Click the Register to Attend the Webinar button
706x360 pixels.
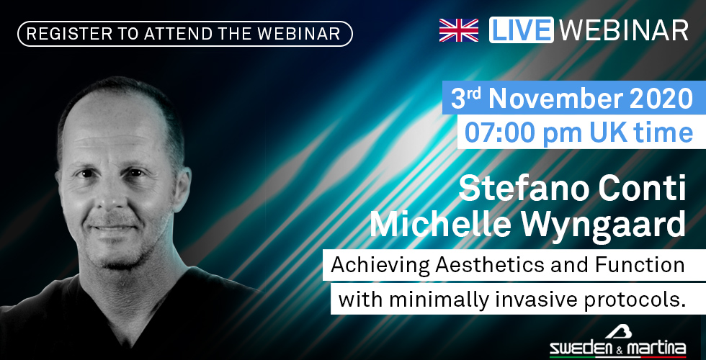(185, 34)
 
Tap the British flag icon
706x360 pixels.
(459, 30)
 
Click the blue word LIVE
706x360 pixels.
(522, 30)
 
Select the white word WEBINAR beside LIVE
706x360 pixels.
(624, 30)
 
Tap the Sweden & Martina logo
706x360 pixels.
(617, 341)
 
